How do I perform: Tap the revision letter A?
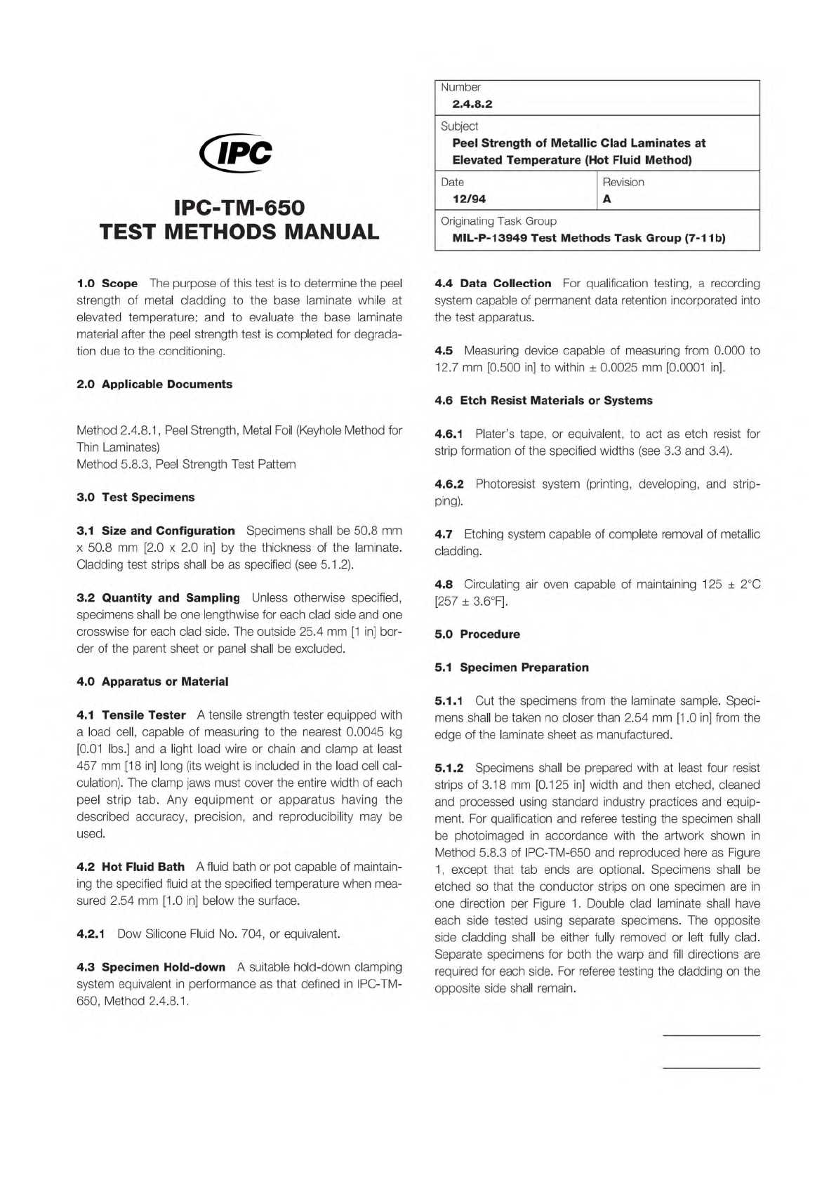coord(607,199)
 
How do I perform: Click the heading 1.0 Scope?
coord(107,284)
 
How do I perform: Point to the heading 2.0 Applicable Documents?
coord(154,384)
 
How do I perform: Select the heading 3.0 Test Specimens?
coord(135,497)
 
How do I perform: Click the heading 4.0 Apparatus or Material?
coord(152,682)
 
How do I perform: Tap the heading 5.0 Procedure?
coord(477,634)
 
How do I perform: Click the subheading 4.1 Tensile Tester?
coord(131,715)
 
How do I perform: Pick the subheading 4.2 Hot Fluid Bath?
coord(131,867)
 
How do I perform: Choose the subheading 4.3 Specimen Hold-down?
coord(151,967)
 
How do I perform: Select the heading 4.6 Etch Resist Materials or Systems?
coord(543,400)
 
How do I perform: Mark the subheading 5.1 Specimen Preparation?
coord(512,667)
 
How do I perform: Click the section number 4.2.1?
coord(91,934)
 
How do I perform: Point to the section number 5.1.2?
coord(449,768)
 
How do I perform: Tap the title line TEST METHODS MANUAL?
coord(239,232)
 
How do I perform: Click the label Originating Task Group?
coord(498,221)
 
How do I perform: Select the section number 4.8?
coord(444,584)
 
